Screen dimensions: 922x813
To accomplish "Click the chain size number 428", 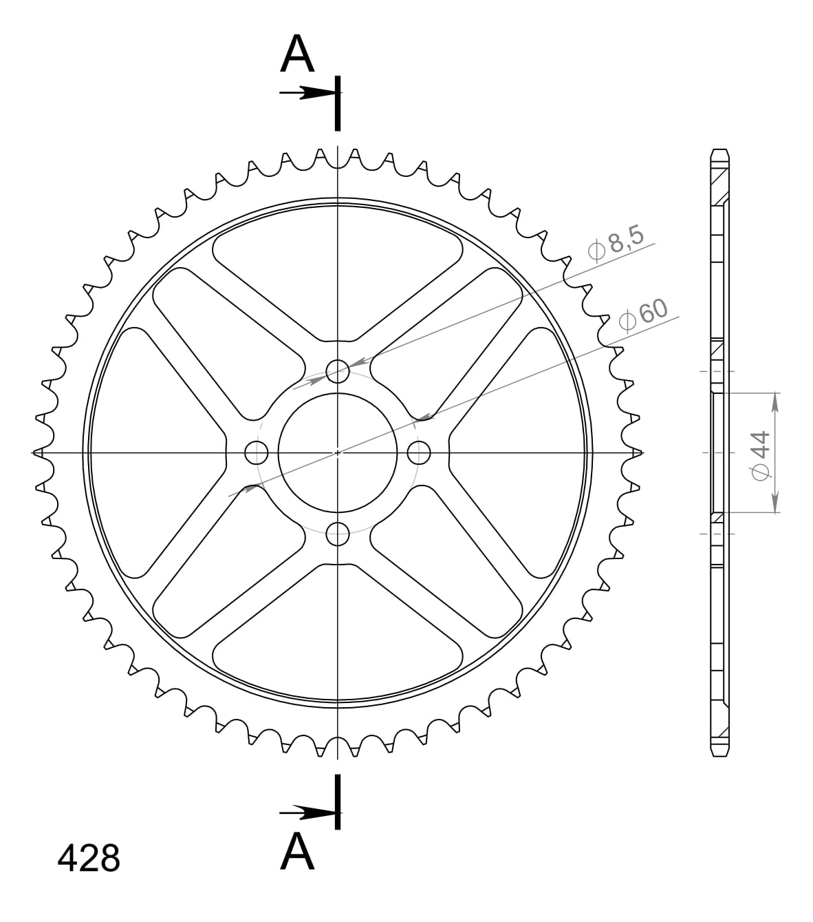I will pos(89,859).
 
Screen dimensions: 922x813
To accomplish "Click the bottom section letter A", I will pos(297,851).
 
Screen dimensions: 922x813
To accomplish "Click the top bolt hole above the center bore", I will pos(337,372).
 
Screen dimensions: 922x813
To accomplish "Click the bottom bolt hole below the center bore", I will pos(337,533).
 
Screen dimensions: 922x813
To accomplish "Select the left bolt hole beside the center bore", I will pos(257,452).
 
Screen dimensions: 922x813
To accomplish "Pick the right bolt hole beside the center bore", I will pos(418,452).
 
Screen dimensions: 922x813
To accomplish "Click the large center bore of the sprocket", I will pos(337,452).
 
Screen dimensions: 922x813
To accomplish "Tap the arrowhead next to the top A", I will pos(318,93).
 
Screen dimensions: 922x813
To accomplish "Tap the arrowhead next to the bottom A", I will pos(318,813).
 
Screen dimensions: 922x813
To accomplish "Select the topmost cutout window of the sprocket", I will pos(337,282).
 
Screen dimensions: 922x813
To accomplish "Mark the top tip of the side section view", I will pos(719,151).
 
